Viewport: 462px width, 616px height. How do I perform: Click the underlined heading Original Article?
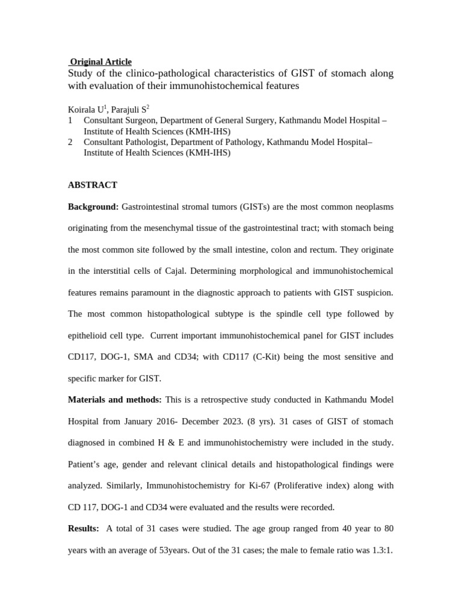coord(100,61)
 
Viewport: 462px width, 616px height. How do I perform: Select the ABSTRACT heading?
coord(93,185)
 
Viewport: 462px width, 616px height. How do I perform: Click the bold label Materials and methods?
coord(115,399)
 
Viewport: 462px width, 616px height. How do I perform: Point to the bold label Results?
coord(84,528)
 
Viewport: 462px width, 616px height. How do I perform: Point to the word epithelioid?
coord(91,336)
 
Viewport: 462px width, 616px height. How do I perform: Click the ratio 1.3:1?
coord(380,550)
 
